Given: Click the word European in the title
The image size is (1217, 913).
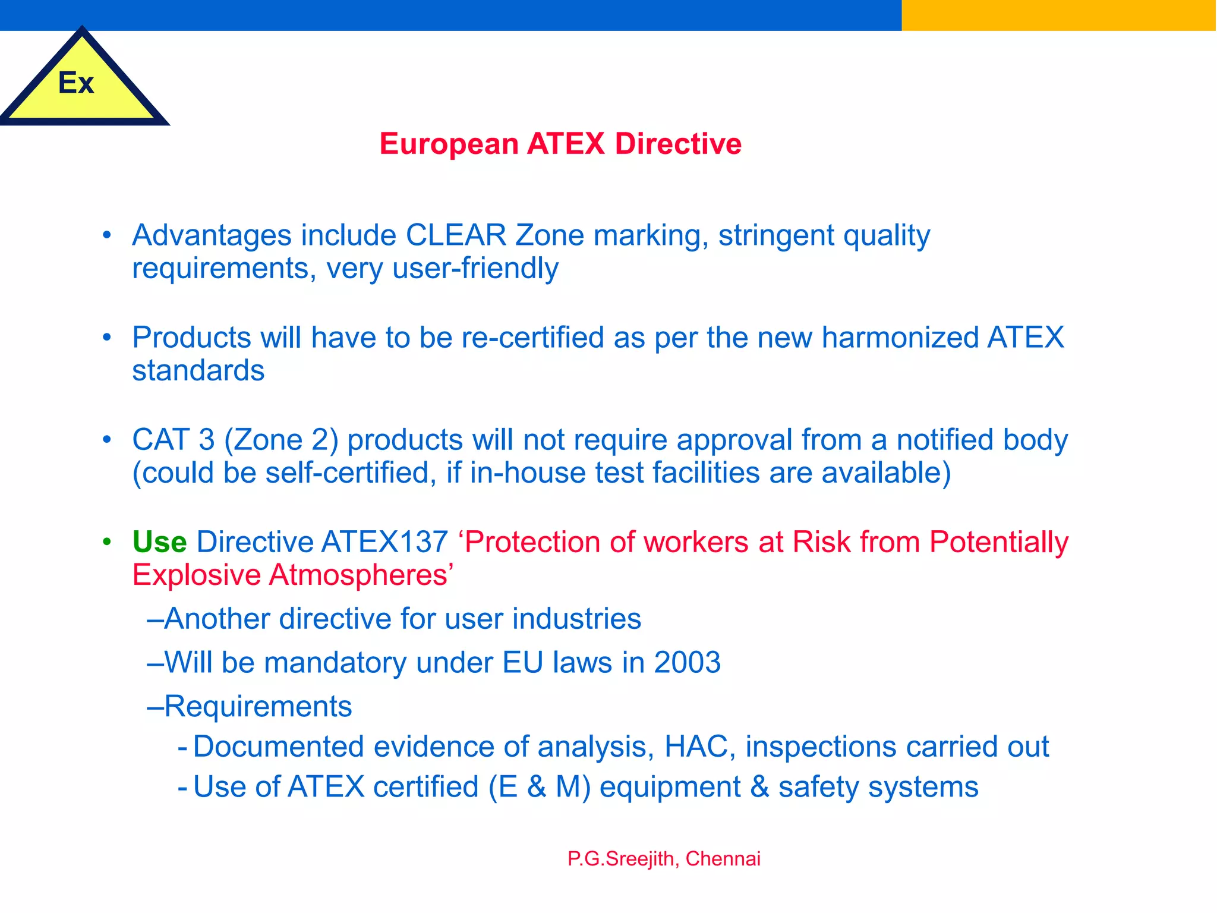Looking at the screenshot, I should tap(449, 144).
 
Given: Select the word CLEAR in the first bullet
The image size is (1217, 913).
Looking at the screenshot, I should tap(456, 235).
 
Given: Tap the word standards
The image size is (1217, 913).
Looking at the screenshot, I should tap(198, 371).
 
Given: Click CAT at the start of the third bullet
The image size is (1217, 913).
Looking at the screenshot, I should tap(160, 440).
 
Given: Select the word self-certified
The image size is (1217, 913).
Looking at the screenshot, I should tap(347, 473).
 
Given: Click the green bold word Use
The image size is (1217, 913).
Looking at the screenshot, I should tap(159, 542).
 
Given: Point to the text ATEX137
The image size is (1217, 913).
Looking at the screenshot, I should tap(384, 542).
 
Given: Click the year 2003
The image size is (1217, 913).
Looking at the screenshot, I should tap(687, 663).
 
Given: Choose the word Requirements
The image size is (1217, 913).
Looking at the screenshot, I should tap(258, 707).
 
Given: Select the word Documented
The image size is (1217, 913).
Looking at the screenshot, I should tap(279, 747).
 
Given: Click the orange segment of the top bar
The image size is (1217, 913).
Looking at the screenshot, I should tap(1058, 15).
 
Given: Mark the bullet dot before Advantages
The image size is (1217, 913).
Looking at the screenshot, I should tap(107, 235).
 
